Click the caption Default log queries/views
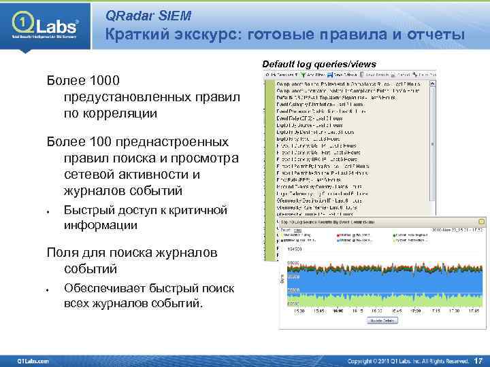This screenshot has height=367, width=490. point(319,63)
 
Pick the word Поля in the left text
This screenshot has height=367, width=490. point(61,253)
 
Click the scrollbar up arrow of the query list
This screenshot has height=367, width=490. point(431,82)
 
